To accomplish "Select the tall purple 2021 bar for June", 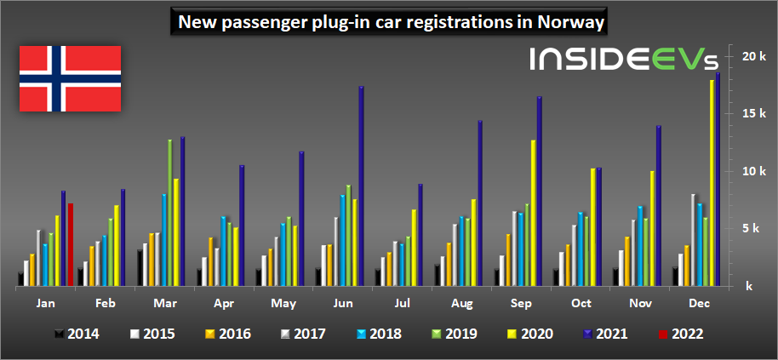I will click(x=361, y=187).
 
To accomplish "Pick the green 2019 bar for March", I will click(x=169, y=214).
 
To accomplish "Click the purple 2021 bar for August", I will click(x=479, y=204).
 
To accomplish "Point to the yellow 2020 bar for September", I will click(x=533, y=214).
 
